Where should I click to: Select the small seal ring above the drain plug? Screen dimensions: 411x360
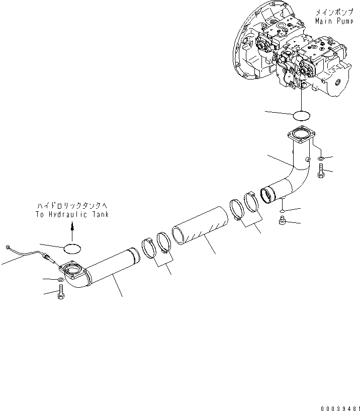coord(284,209)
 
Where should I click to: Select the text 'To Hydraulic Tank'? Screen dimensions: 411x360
coord(72,214)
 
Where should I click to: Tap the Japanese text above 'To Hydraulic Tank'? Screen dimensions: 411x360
coord(72,206)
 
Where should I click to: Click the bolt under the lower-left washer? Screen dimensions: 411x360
coord(61,290)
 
